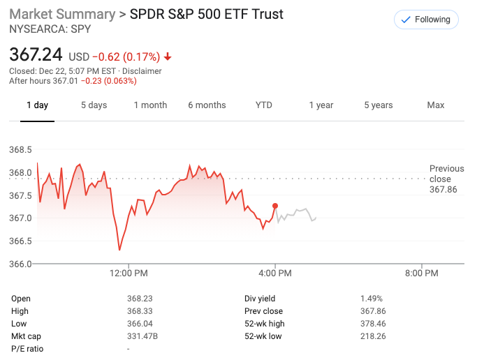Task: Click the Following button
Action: pyautogui.click(x=426, y=20)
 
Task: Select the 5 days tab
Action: pyautogui.click(x=94, y=105)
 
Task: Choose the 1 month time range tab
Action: pyautogui.click(x=150, y=105)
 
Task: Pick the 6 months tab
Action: pyautogui.click(x=207, y=105)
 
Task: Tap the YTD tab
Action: pyautogui.click(x=263, y=105)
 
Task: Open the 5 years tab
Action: pyautogui.click(x=378, y=105)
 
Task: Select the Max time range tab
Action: pyautogui.click(x=436, y=105)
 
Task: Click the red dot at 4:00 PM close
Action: pyautogui.click(x=275, y=206)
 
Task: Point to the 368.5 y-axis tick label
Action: pyautogui.click(x=20, y=150)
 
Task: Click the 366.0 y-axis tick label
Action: pyautogui.click(x=20, y=264)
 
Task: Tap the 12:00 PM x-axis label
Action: pyautogui.click(x=129, y=273)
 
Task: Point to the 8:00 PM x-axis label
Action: pyautogui.click(x=422, y=273)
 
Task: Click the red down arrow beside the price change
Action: pyautogui.click(x=168, y=57)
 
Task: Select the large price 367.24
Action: pyautogui.click(x=36, y=55)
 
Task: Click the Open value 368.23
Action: pyautogui.click(x=138, y=299)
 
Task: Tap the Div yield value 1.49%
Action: pyautogui.click(x=371, y=299)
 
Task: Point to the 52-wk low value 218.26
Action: pyautogui.click(x=371, y=336)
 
